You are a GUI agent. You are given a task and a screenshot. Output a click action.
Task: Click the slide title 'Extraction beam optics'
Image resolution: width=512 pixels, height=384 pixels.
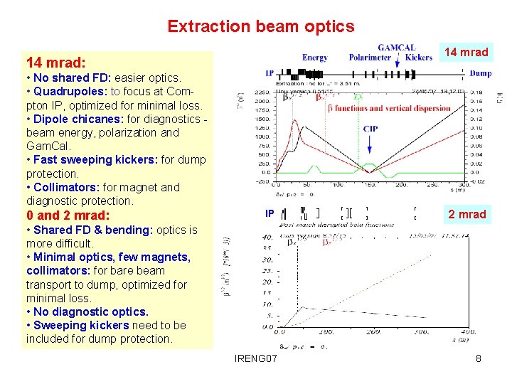click(x=260, y=26)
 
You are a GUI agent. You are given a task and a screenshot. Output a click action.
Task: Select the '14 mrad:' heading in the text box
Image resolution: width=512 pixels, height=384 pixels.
click(x=55, y=62)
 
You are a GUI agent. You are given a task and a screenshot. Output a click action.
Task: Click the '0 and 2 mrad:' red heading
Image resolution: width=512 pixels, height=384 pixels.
click(x=68, y=215)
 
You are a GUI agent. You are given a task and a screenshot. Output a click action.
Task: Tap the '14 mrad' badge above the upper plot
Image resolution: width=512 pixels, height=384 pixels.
click(x=466, y=52)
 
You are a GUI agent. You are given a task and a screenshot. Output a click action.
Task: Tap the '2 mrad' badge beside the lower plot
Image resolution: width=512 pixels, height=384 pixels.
click(x=466, y=214)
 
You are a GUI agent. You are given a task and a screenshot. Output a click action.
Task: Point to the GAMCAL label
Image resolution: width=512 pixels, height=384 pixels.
click(x=396, y=48)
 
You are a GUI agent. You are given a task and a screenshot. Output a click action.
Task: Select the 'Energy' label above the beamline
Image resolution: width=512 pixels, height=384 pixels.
click(x=314, y=57)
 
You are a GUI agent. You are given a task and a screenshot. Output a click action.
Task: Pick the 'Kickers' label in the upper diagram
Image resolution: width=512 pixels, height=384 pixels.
click(x=418, y=57)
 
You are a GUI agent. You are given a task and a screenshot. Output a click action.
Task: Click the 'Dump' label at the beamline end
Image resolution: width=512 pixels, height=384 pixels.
click(x=480, y=73)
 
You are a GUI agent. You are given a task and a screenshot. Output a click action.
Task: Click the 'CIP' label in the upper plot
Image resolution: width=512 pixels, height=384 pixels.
click(x=370, y=129)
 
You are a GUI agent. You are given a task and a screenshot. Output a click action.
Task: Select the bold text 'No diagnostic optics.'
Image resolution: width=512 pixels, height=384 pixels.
click(x=91, y=311)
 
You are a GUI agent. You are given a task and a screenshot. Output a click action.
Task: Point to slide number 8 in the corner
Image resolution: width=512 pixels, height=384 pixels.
click(x=478, y=358)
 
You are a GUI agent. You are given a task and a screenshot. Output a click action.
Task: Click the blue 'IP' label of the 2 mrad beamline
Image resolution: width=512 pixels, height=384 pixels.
click(x=270, y=213)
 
